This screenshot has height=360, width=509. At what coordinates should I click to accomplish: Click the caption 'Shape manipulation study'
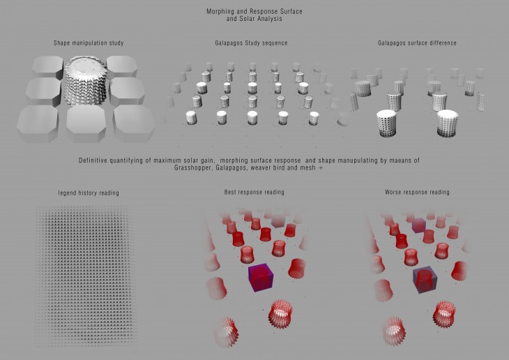(x=89, y=43)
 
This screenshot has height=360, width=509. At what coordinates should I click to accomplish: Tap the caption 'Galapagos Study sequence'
(x=252, y=43)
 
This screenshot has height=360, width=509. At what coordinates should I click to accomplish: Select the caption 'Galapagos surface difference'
(x=417, y=43)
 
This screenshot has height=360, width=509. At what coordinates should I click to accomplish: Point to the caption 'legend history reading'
(x=89, y=193)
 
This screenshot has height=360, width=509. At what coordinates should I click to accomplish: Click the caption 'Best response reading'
(x=254, y=191)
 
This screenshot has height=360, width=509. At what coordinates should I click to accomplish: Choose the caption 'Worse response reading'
(x=417, y=191)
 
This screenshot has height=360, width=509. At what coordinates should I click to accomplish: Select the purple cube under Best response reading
(x=260, y=278)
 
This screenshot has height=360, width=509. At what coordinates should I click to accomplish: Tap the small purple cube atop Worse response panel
(x=418, y=224)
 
